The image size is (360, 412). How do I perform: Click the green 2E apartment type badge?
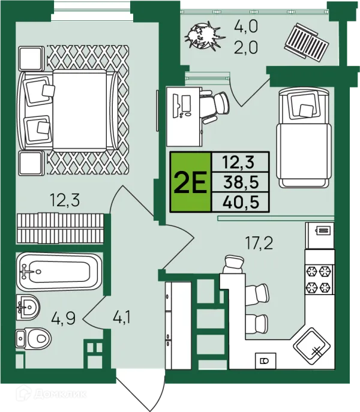coord(191,182)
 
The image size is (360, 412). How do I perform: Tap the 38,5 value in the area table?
coord(241,182)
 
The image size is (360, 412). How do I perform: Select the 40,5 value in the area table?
coord(241,202)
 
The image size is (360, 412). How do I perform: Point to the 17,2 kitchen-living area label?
coord(259,243)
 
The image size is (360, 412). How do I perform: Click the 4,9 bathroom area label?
coord(64,318)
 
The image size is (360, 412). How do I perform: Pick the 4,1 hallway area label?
coord(121,317)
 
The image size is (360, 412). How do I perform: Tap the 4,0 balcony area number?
coord(246,26)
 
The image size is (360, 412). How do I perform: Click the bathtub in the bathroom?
coord(59,272)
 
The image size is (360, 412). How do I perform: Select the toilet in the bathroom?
coord(33,339)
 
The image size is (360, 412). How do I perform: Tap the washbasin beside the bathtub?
coord(28,307)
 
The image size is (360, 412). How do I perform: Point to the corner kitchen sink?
coord(311,345)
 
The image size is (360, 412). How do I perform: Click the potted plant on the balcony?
coord(204,36)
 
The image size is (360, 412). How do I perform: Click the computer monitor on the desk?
coord(186,104)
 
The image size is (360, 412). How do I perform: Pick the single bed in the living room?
coord(304,137)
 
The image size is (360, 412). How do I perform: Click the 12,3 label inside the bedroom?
coord(65,200)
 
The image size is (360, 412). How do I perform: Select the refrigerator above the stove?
coord(320,236)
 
